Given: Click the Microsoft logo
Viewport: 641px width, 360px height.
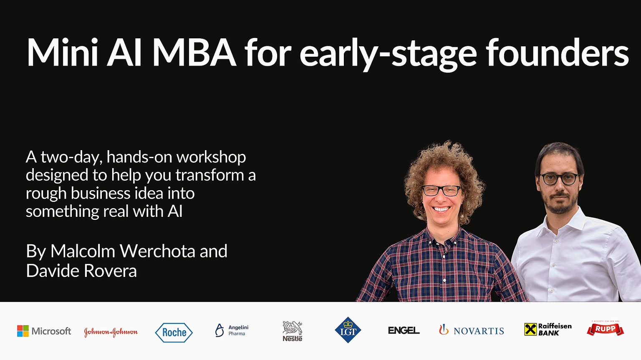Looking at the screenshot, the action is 44,331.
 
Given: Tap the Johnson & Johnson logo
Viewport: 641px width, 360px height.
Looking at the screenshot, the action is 111,332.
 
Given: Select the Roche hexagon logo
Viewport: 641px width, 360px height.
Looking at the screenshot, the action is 174,332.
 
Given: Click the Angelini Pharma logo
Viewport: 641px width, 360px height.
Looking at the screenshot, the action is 232,330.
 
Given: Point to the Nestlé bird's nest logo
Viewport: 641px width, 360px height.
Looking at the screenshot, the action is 293,331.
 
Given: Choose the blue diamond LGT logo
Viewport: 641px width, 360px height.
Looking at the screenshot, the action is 348,330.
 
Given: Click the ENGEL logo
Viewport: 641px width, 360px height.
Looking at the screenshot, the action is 404,330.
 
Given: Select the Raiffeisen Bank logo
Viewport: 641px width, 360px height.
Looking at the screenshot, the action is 548,330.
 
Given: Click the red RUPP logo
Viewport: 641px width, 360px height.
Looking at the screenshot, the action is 605,329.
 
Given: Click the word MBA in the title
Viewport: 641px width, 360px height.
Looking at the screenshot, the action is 194,53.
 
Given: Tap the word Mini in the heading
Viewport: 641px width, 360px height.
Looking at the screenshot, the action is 62,53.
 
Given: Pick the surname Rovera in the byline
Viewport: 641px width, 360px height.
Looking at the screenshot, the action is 110,270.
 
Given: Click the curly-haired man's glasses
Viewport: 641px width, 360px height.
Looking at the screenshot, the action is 442,191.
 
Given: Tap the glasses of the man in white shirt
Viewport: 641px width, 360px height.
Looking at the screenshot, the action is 559,179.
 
